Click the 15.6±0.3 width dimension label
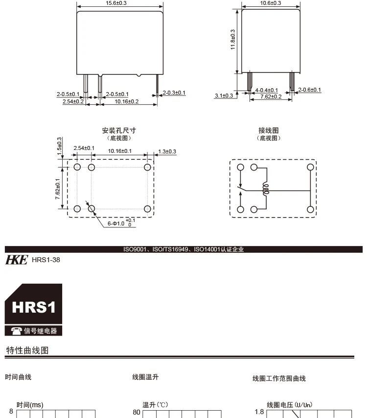(116, 3)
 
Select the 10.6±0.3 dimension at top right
(271, 3)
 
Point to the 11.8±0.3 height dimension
(233, 40)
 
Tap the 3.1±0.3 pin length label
(224, 96)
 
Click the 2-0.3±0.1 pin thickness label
(174, 93)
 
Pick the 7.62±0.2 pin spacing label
(271, 97)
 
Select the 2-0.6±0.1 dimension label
(310, 90)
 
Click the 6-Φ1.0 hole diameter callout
(121, 223)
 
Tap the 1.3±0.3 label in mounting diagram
(167, 151)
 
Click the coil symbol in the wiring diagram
(266, 189)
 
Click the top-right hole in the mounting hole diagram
(147, 167)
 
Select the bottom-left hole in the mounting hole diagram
(77, 209)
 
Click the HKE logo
(17, 260)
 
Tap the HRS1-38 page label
(46, 260)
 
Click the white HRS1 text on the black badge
(34, 307)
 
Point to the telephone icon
(16, 331)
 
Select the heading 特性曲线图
(27, 350)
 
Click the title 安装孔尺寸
(119, 130)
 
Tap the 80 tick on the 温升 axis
(136, 412)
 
